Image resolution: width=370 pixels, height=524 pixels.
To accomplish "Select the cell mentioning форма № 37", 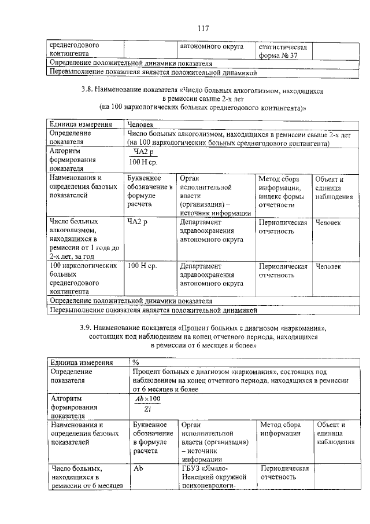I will pyautogui.click(x=282, y=51).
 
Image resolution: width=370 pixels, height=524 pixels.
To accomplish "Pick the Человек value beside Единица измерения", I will pyautogui.click(x=141, y=124).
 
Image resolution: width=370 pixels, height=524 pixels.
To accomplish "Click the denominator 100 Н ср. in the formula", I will pyautogui.click(x=142, y=161).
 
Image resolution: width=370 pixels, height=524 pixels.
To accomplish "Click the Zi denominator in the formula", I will pyautogui.click(x=147, y=409).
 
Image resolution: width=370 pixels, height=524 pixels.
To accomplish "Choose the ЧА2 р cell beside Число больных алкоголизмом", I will pyautogui.click(x=138, y=222).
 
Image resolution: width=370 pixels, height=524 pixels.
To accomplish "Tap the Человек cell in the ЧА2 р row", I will pyautogui.click(x=328, y=222).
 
